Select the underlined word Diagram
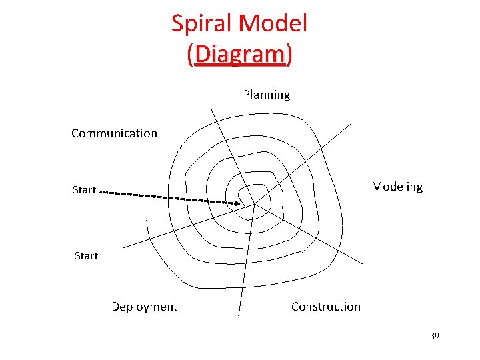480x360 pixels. [240, 55]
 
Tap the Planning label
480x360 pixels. [267, 95]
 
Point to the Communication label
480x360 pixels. [114, 133]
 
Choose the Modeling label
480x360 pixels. [397, 187]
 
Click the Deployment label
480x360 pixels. [144, 307]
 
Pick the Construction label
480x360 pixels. [325, 307]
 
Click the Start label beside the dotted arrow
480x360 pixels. [85, 190]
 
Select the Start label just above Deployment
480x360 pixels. [86, 256]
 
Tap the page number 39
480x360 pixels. [434, 337]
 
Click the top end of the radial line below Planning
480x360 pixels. [211, 108]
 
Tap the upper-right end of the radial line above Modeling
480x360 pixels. [349, 124]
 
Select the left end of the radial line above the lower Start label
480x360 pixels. [124, 247]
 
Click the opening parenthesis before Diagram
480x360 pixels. [191, 55]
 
